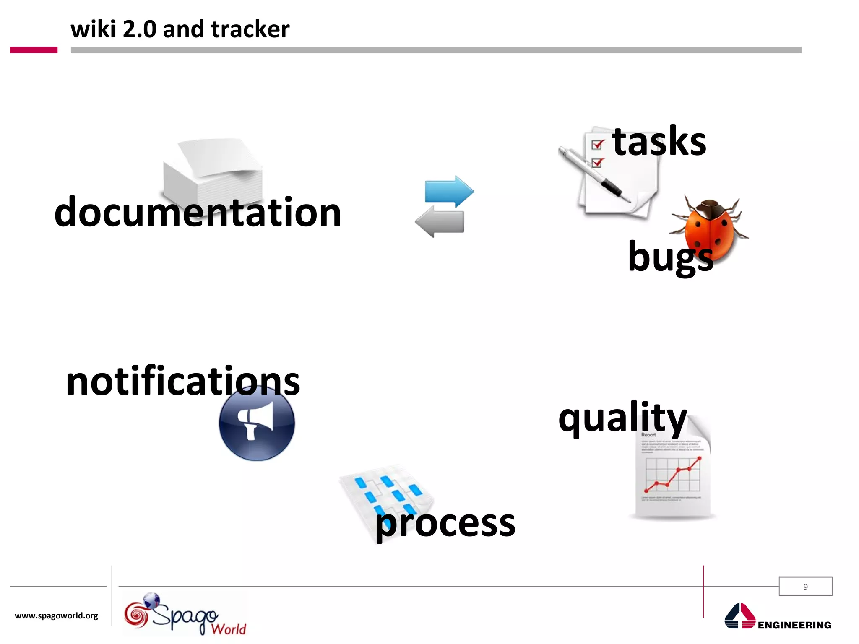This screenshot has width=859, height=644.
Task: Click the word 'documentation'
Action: pyautogui.click(x=198, y=213)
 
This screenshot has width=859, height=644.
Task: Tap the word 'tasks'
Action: pyautogui.click(x=659, y=141)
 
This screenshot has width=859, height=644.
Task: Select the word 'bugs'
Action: pyautogui.click(x=670, y=257)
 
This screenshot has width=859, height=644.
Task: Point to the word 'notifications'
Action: pyautogui.click(x=183, y=381)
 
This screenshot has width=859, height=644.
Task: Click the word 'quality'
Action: pyautogui.click(x=622, y=418)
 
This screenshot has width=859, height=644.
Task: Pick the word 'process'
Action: pyautogui.click(x=445, y=524)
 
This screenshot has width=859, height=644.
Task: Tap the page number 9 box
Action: pyautogui.click(x=805, y=587)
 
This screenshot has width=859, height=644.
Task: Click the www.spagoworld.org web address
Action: pyautogui.click(x=56, y=615)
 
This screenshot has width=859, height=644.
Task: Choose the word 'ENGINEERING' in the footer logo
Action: pyautogui.click(x=794, y=625)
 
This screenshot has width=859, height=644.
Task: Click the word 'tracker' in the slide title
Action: pyautogui.click(x=250, y=29)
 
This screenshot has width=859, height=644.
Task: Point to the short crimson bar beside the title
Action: pyautogui.click(x=34, y=50)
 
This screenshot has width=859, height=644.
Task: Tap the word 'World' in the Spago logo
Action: pyautogui.click(x=229, y=629)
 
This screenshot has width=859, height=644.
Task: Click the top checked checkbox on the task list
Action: pyautogui.click(x=597, y=145)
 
